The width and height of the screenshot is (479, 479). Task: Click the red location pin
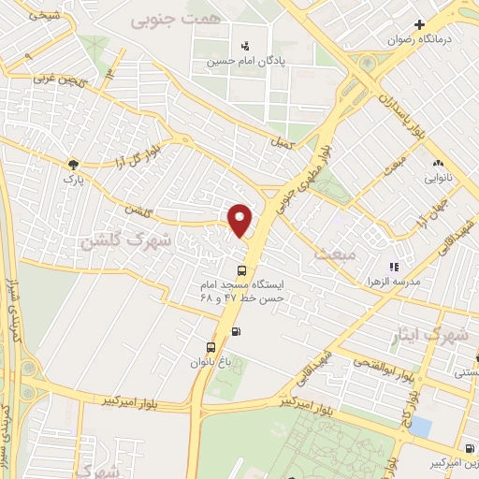click(x=241, y=219)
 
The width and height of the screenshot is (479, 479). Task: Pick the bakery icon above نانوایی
click(x=438, y=163)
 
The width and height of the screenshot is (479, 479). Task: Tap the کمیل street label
click(x=279, y=144)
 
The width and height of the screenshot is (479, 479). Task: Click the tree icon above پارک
click(x=73, y=164)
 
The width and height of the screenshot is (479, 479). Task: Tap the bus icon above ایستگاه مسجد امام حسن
click(x=242, y=269)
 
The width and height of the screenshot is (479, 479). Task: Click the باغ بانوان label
click(x=209, y=360)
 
